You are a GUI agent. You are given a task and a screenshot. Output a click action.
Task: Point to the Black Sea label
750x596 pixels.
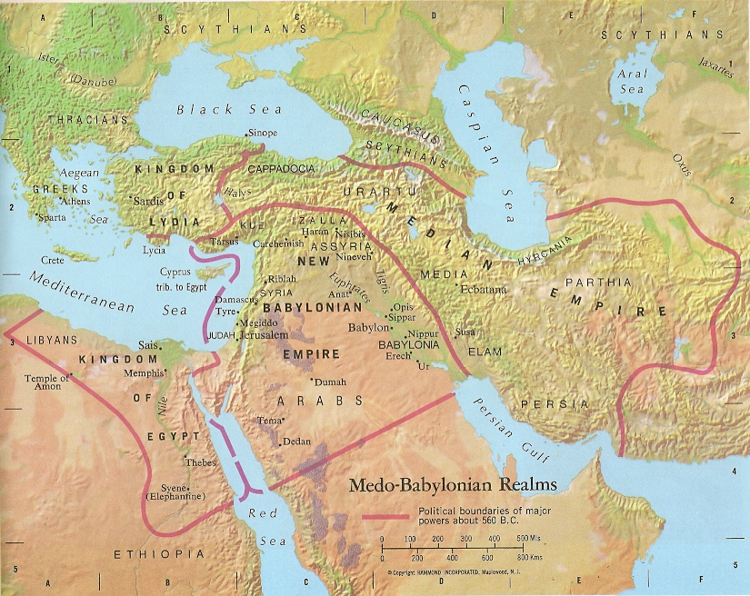217,109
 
